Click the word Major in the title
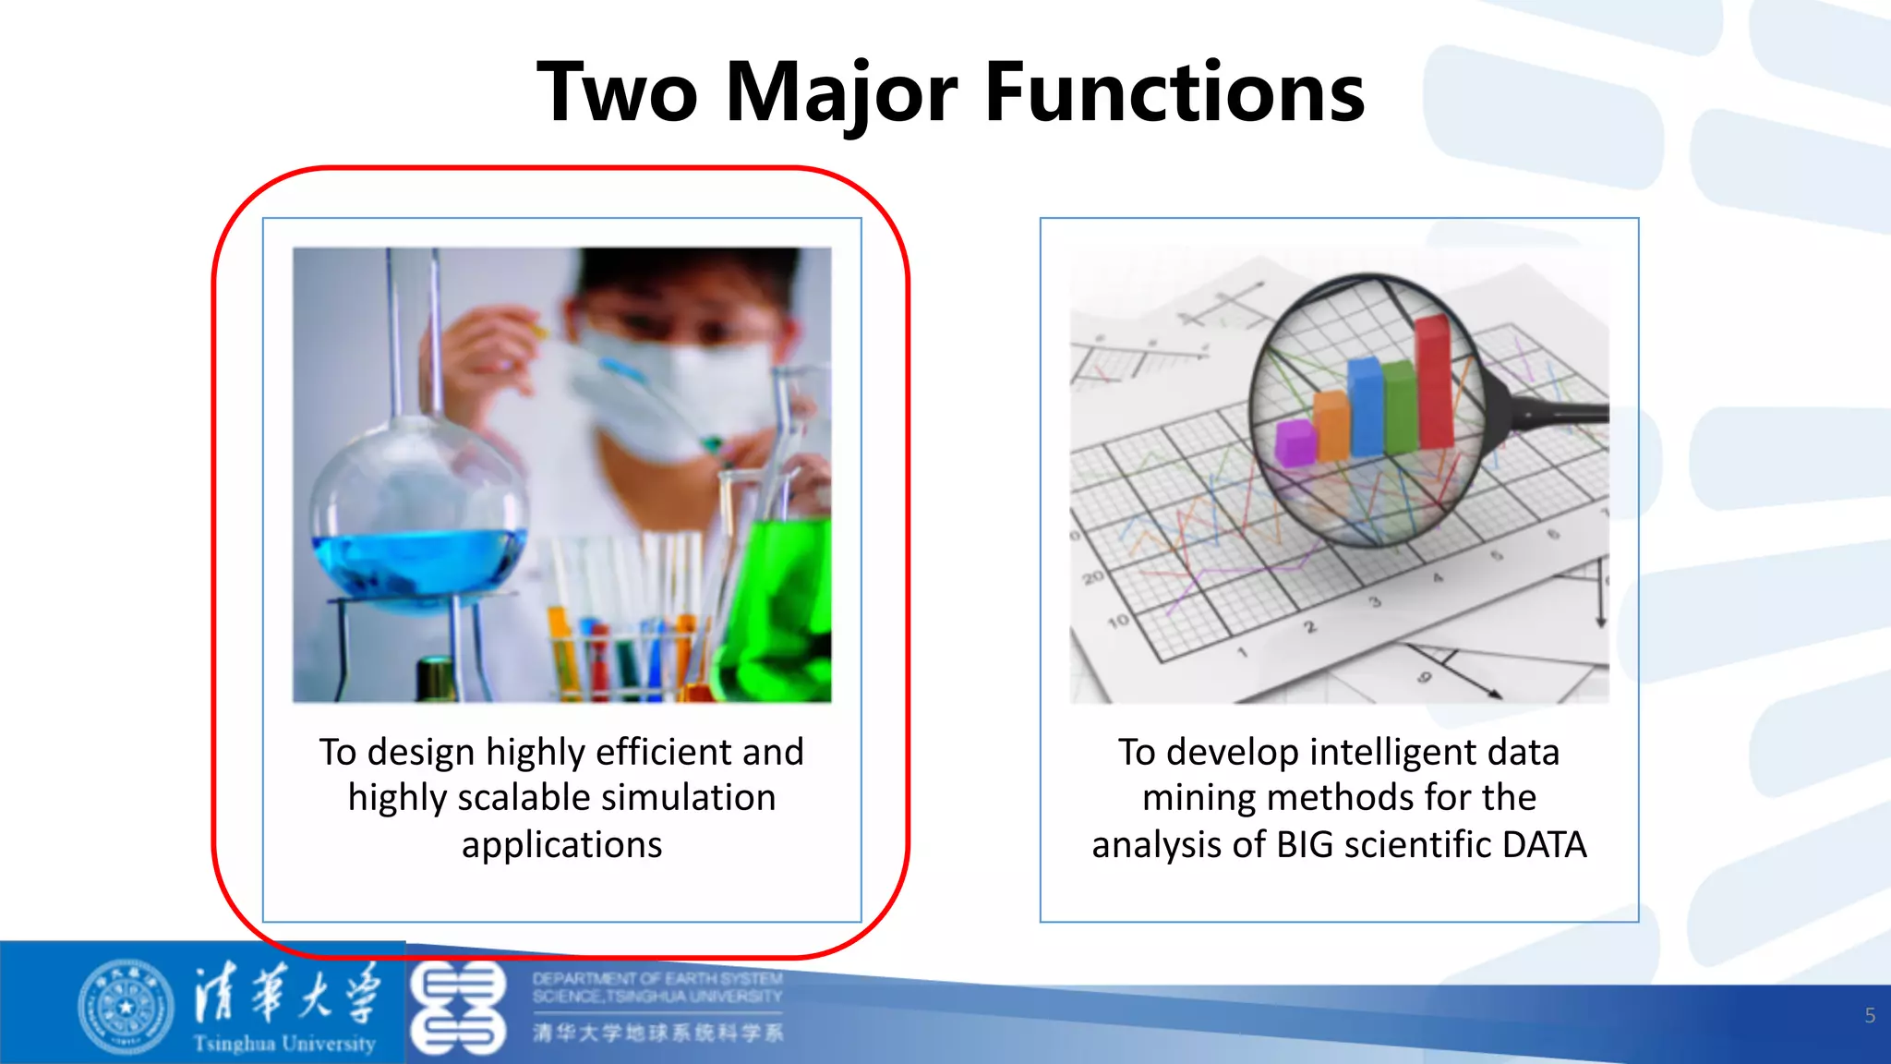click(842, 92)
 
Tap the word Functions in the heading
click(1174, 92)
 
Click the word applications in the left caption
click(561, 845)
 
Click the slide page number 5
click(1870, 1016)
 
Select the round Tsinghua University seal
click(126, 1008)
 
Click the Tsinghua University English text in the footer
click(284, 1044)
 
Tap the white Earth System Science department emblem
click(458, 1008)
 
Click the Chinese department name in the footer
click(657, 1033)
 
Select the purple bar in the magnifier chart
click(1295, 441)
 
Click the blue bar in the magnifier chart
click(1364, 406)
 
